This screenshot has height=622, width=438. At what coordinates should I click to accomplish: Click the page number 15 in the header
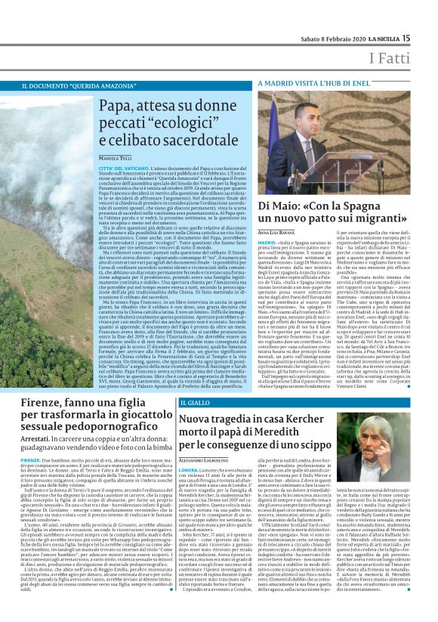(426, 37)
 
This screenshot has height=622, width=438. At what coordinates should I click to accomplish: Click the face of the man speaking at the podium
(335, 128)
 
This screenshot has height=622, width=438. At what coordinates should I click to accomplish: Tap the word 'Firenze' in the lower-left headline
(44, 403)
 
